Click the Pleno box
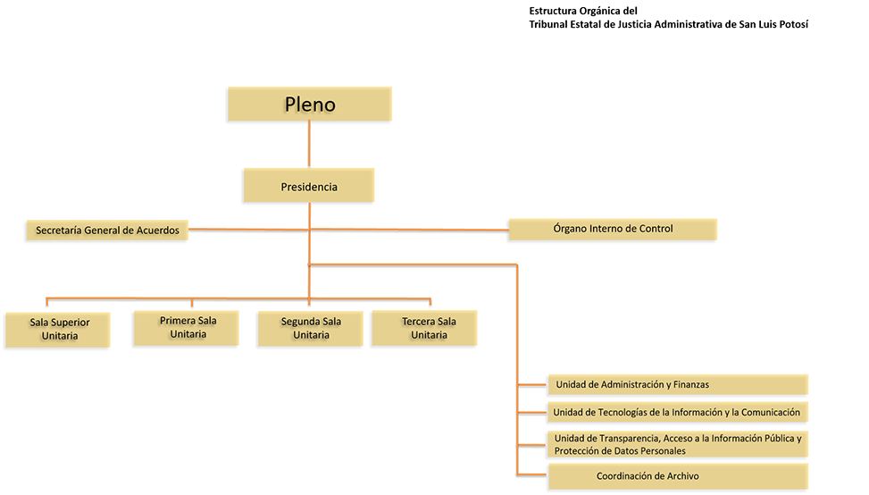(310, 104)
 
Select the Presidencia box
(309, 187)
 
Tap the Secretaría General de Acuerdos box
(107, 231)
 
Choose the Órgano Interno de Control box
(613, 229)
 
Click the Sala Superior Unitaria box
(59, 329)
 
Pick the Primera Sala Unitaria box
(188, 327)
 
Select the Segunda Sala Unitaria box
(311, 328)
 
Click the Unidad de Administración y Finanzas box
(678, 384)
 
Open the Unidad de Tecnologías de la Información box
(678, 412)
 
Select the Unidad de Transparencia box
(678, 443)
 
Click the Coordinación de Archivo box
(678, 476)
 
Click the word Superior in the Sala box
(71, 322)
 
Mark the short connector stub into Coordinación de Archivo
(532, 473)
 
